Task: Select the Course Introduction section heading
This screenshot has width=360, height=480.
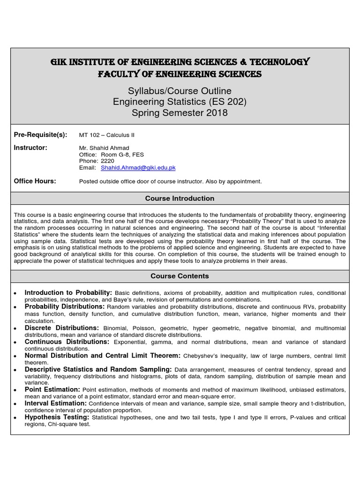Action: point(180,198)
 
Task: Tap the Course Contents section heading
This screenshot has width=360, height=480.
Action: point(180,276)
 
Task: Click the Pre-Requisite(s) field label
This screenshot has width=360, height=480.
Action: point(41,135)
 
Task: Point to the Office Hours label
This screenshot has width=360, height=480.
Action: point(35,181)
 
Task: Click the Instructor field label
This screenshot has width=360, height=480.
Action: point(31,148)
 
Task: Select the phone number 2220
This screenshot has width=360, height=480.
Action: point(107,161)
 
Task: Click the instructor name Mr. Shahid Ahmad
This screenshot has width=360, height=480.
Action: point(104,148)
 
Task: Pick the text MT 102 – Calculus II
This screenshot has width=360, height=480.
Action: point(106,135)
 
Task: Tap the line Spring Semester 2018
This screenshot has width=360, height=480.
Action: point(180,113)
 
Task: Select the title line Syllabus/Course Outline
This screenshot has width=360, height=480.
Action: point(180,90)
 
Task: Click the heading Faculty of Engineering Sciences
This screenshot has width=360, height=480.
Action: point(180,74)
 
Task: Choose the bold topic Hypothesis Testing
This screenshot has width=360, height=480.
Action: point(57,417)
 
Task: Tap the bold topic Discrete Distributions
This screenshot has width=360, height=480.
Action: point(62,328)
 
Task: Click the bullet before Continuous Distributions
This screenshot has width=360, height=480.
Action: point(15,343)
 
